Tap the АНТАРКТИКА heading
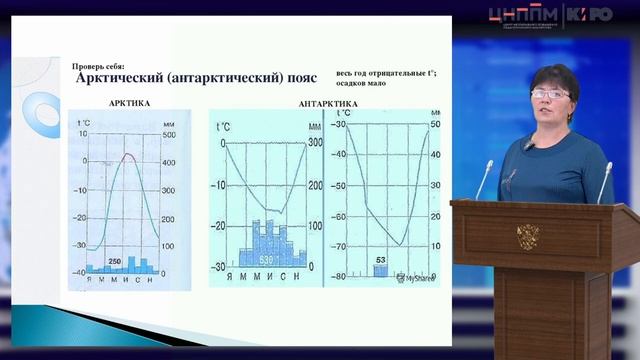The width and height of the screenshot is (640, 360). click(x=330, y=103)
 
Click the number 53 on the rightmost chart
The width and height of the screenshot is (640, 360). click(x=380, y=260)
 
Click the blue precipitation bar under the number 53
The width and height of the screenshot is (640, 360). click(x=380, y=270)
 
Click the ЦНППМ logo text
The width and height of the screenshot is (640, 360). click(x=524, y=14)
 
